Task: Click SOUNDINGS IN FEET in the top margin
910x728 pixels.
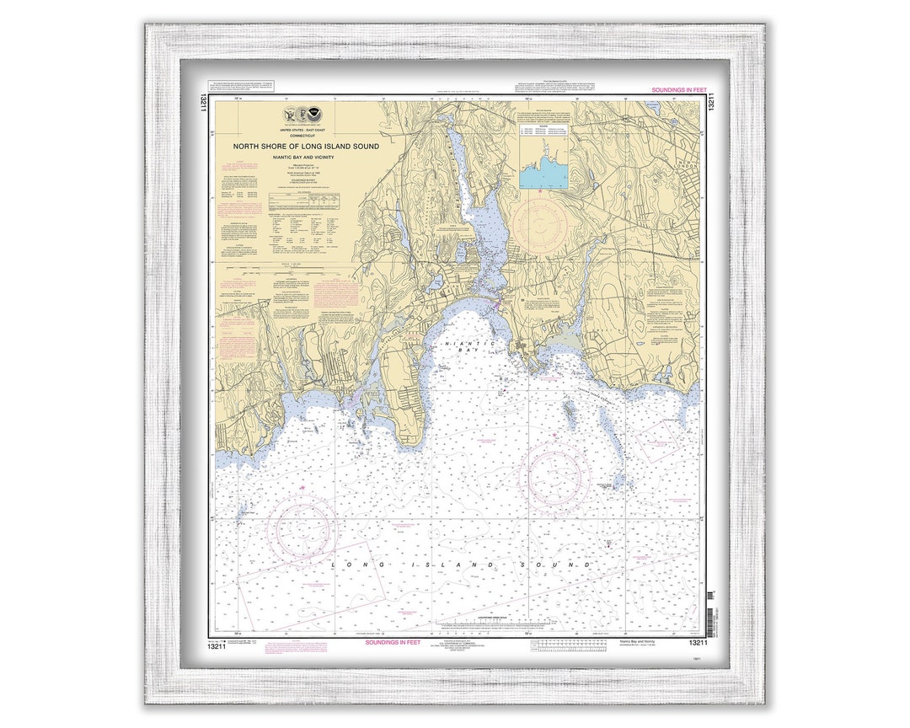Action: click(x=678, y=89)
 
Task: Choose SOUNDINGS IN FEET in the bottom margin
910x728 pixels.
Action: click(x=393, y=642)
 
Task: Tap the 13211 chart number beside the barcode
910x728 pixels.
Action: click(x=696, y=642)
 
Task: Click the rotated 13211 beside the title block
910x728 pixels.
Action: click(x=204, y=104)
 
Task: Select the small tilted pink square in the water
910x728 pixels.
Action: click(x=653, y=438)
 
